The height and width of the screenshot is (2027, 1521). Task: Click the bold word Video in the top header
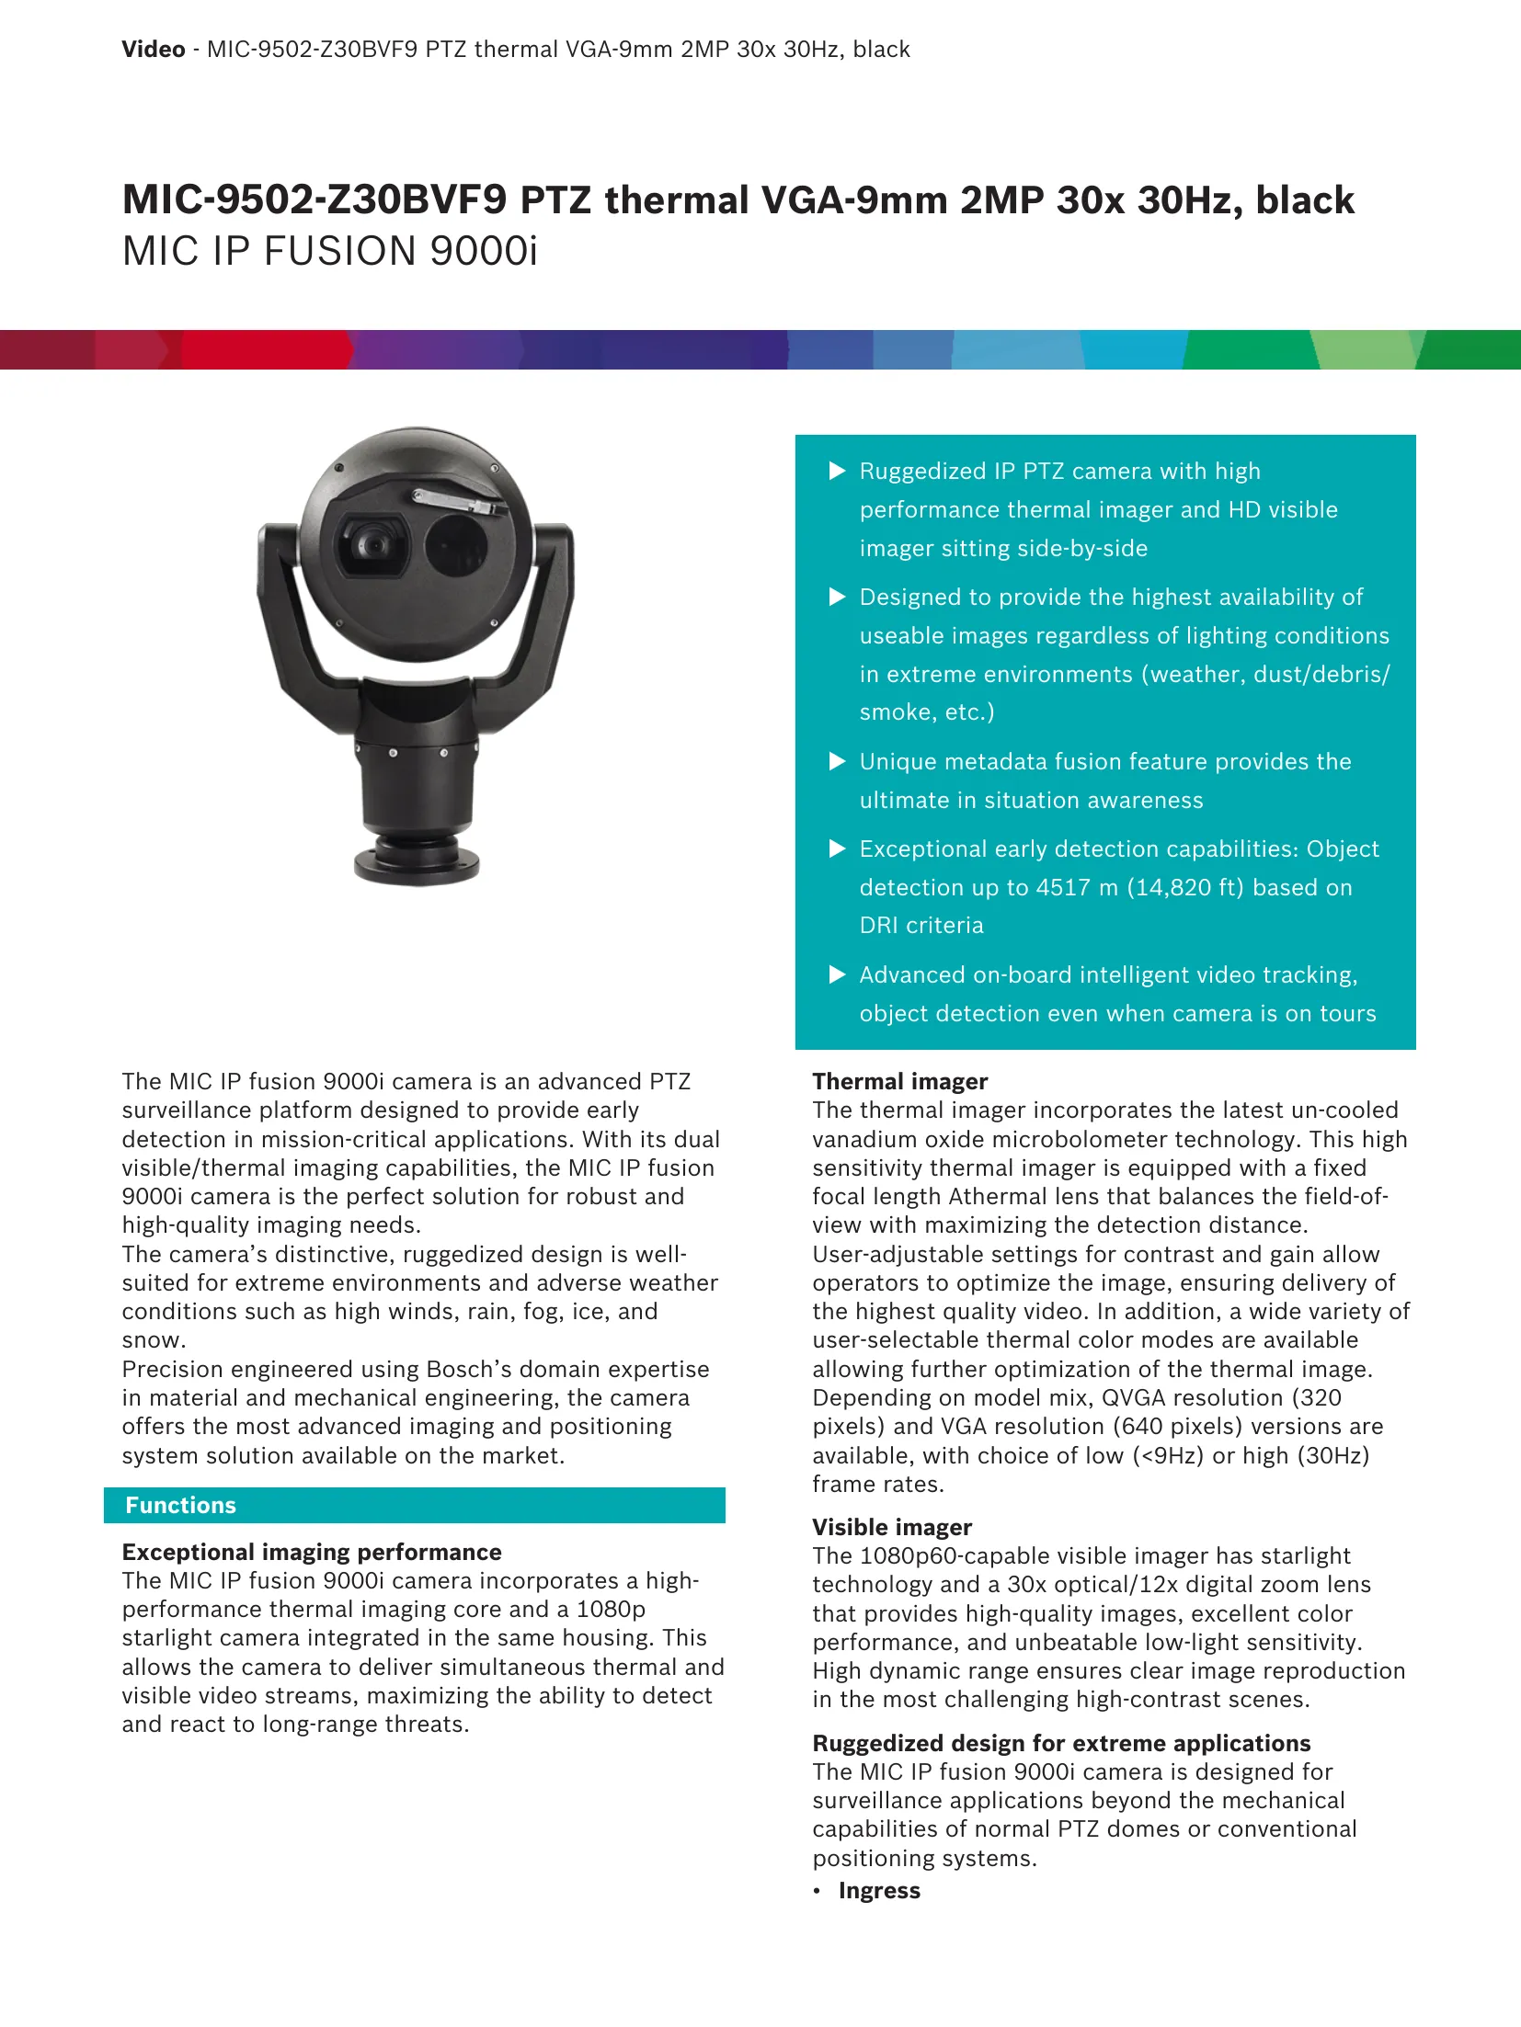click(x=154, y=50)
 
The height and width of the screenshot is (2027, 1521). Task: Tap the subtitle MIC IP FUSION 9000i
click(x=329, y=252)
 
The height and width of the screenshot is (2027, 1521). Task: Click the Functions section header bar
click(x=414, y=1505)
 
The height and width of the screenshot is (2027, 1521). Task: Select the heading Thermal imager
click(x=899, y=1081)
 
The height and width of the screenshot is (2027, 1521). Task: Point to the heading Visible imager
click(x=891, y=1527)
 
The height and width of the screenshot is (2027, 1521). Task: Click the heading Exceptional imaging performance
click(x=312, y=1552)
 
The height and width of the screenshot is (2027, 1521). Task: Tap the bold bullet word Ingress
click(x=879, y=1890)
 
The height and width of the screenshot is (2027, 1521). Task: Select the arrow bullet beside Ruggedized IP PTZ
click(x=837, y=472)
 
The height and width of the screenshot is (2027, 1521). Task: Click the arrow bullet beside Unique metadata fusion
click(x=837, y=761)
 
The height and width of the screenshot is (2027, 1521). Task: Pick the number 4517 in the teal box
click(x=1063, y=887)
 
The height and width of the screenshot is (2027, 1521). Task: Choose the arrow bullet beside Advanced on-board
click(x=837, y=974)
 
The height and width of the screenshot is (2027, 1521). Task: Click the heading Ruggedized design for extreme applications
click(x=1061, y=1743)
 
